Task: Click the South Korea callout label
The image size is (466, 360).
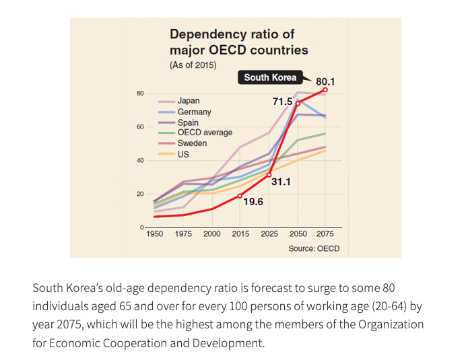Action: coord(270,77)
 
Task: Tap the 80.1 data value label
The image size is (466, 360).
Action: coord(325,81)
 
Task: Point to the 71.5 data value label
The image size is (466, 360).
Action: coord(282,102)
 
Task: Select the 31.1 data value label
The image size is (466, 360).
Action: coord(281,182)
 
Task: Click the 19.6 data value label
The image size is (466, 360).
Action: coord(253,202)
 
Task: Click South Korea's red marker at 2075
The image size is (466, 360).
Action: coord(325,89)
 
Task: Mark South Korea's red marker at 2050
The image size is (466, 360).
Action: coord(298,104)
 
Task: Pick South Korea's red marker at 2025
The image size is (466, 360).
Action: coord(269,175)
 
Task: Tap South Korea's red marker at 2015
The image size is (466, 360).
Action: coord(240,196)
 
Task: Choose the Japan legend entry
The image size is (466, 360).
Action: coord(179,101)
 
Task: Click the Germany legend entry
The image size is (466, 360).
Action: coord(185,112)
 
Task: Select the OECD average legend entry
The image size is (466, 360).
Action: coord(195,133)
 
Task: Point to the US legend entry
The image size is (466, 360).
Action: coord(174,154)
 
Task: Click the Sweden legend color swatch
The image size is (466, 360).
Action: coord(166,143)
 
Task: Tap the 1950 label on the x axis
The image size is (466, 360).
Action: coord(154,234)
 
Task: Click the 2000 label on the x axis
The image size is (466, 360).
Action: coord(212,234)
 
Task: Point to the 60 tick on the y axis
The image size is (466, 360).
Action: coord(140,127)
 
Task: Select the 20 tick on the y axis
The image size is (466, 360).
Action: coord(140,194)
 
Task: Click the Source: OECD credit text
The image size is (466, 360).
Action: coord(314,248)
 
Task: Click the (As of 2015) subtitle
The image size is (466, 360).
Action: coord(193,65)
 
